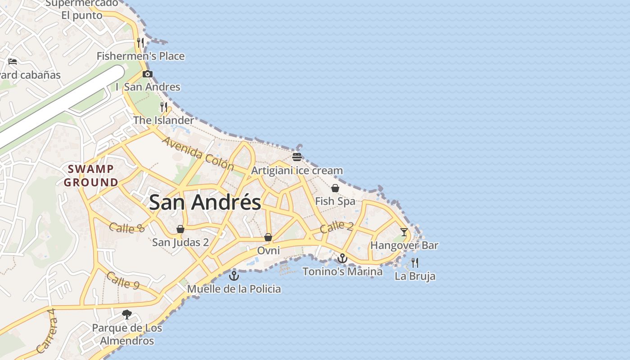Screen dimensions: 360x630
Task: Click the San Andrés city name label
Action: pyautogui.click(x=205, y=202)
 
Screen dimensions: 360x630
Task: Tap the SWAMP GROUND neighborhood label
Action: pyautogui.click(x=91, y=176)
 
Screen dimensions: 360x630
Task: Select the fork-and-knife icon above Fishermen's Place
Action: pyautogui.click(x=140, y=43)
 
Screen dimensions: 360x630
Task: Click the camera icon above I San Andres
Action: pyautogui.click(x=147, y=74)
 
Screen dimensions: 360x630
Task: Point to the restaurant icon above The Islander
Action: pyautogui.click(x=164, y=107)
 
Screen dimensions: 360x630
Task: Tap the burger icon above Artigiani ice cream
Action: pyautogui.click(x=297, y=157)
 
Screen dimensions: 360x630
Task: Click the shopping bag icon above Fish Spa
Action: pyautogui.click(x=335, y=188)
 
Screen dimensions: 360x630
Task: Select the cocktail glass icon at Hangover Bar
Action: pyautogui.click(x=404, y=232)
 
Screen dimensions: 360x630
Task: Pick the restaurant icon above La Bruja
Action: pyautogui.click(x=415, y=262)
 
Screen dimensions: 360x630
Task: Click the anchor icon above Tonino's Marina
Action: pyautogui.click(x=342, y=258)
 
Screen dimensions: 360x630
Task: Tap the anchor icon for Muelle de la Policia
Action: pyautogui.click(x=234, y=275)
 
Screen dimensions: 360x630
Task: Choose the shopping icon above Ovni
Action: pyautogui.click(x=268, y=237)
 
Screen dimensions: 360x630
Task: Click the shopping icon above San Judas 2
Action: pyautogui.click(x=180, y=229)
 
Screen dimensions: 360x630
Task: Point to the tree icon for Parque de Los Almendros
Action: pyautogui.click(x=127, y=314)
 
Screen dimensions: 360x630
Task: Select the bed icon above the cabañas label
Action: pyautogui.click(x=13, y=61)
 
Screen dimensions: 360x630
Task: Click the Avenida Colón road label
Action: pyautogui.click(x=198, y=154)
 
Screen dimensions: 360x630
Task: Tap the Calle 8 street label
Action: pyautogui.click(x=126, y=228)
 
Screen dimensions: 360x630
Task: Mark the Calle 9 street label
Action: pyautogui.click(x=123, y=280)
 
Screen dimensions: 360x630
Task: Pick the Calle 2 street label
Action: pyautogui.click(x=337, y=227)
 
